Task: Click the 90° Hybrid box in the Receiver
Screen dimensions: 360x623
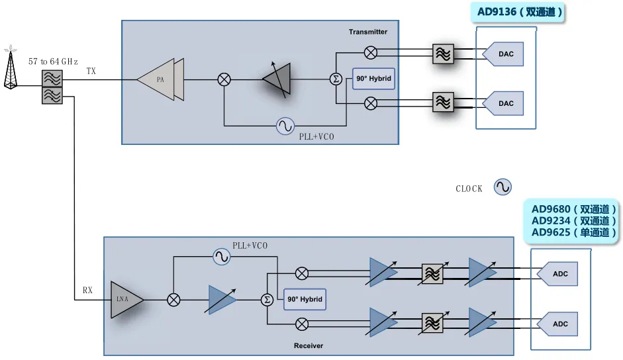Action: (305, 299)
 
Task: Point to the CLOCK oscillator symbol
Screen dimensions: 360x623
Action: (503, 187)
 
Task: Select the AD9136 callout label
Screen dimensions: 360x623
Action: (520, 12)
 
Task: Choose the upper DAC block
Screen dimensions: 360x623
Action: (503, 54)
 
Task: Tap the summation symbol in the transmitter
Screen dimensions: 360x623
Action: (336, 79)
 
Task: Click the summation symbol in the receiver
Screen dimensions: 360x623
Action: (267, 300)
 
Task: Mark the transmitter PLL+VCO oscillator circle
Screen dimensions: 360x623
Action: (285, 125)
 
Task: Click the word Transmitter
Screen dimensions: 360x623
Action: (368, 32)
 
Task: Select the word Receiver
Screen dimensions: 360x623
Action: (309, 345)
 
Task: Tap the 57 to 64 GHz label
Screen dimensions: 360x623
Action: (53, 62)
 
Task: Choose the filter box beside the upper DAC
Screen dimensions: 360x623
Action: (442, 54)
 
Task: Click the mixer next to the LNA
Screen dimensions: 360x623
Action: (174, 300)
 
